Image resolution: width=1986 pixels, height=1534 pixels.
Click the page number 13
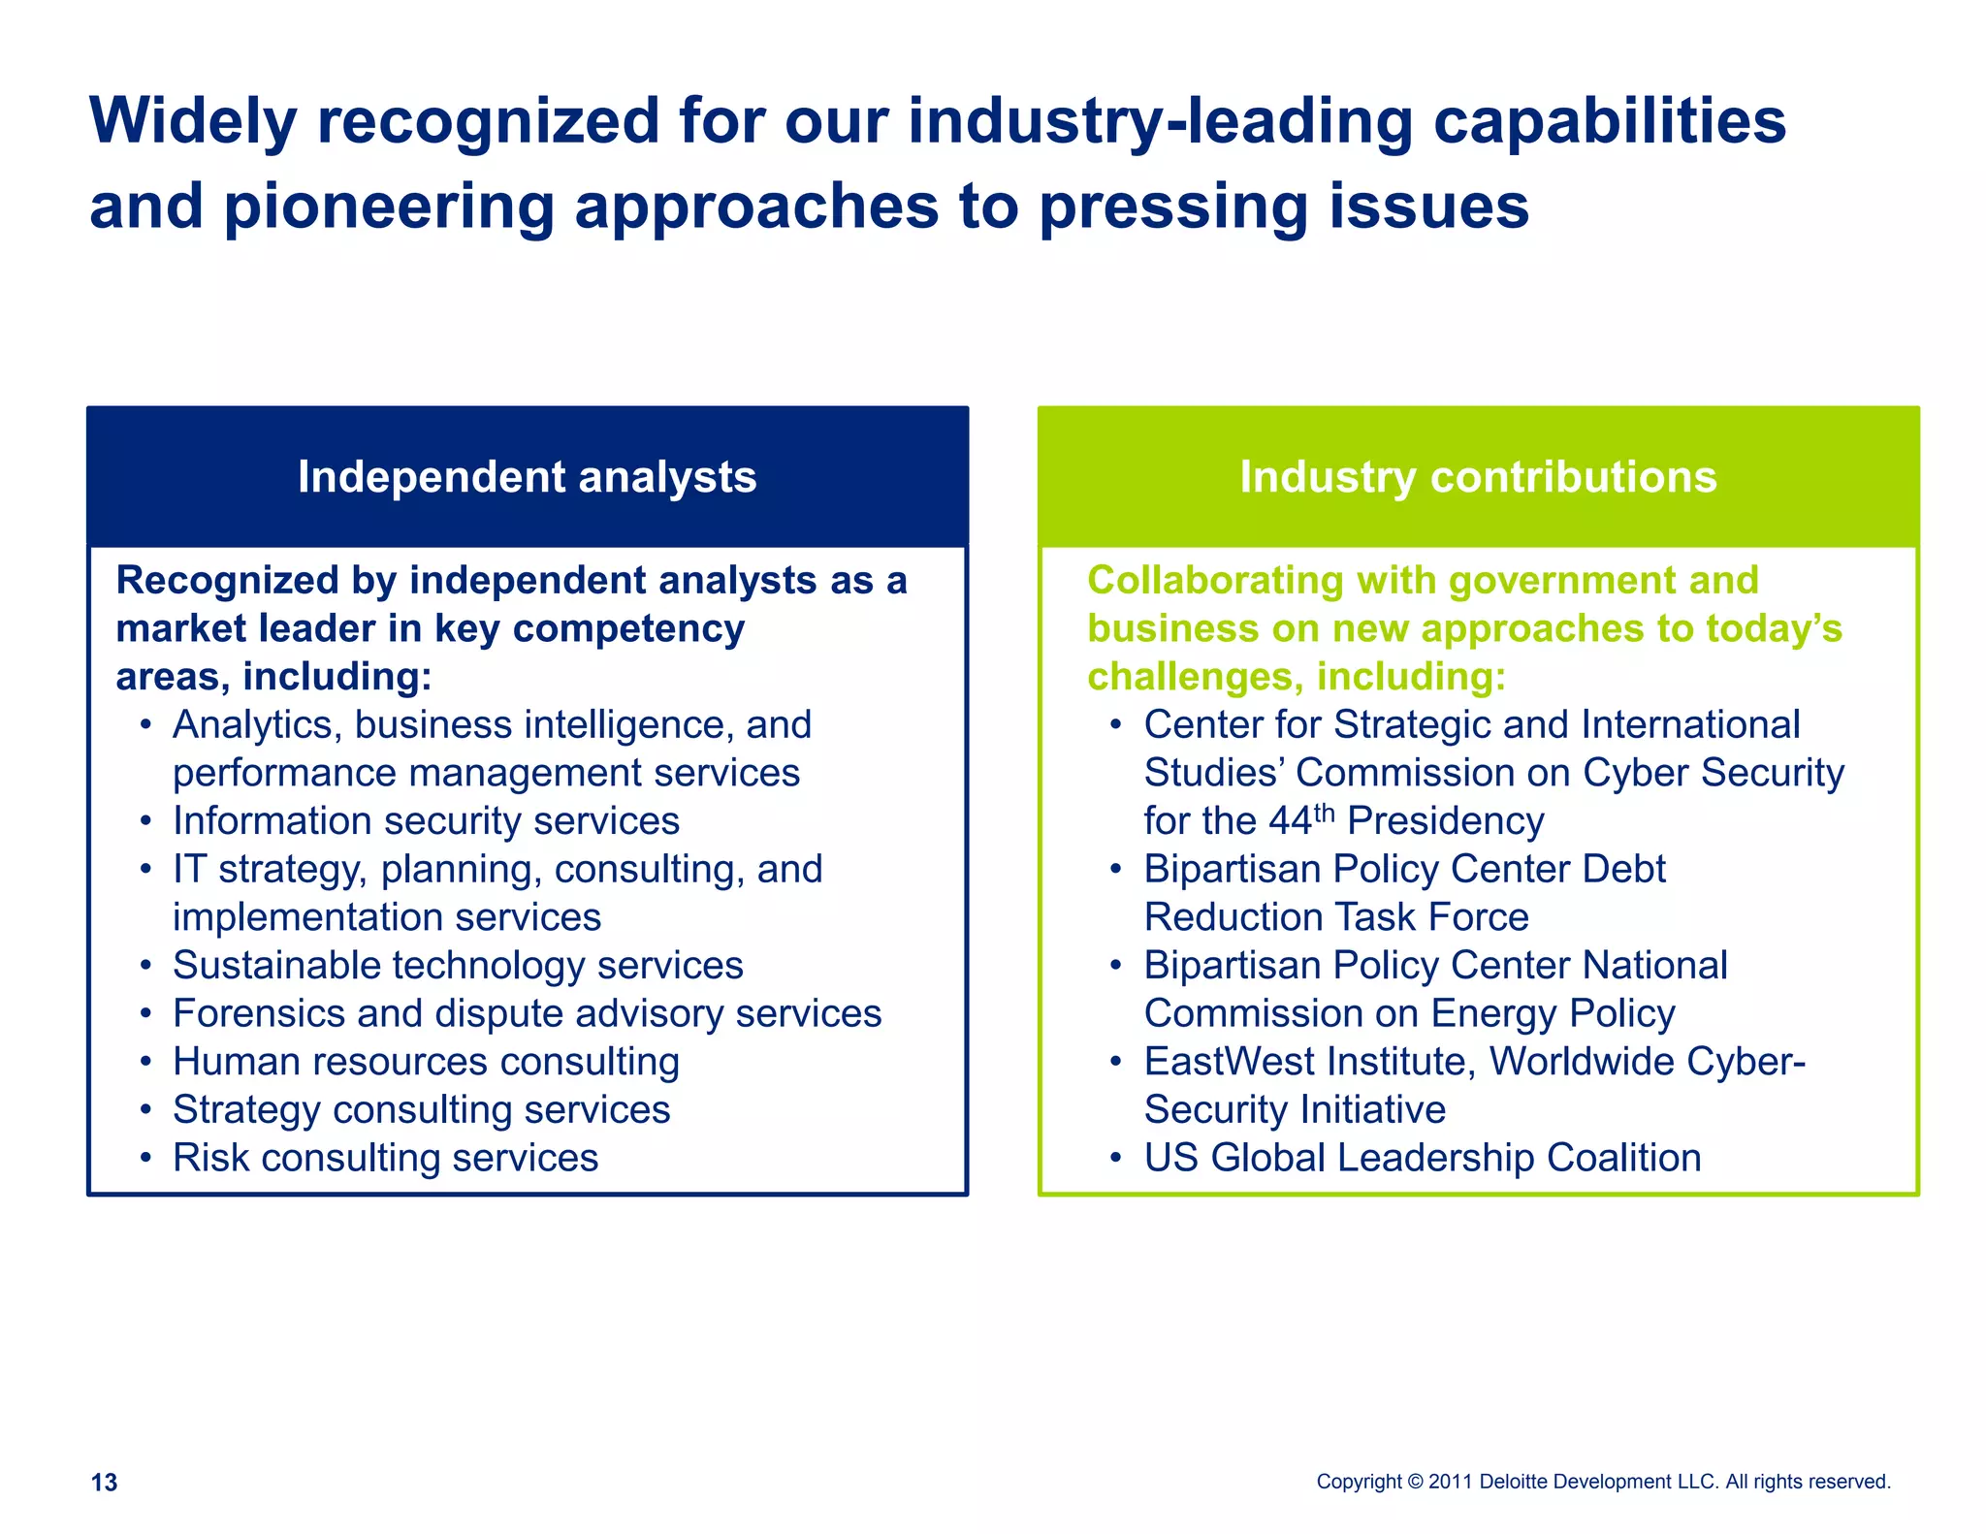104,1482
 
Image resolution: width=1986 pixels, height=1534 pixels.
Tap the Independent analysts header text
527,477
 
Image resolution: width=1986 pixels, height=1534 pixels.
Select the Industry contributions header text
1478,477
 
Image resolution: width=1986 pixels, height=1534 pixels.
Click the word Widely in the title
193,121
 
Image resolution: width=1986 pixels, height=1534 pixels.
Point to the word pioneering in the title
389,207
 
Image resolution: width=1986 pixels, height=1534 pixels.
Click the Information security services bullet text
426,821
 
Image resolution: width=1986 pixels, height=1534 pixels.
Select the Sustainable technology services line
458,966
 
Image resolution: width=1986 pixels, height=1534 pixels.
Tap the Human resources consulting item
426,1062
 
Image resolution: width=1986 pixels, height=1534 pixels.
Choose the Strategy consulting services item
421,1110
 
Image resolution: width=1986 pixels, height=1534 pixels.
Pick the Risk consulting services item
385,1158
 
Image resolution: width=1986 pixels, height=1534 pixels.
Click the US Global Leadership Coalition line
1422,1158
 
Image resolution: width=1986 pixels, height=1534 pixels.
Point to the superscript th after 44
1324,812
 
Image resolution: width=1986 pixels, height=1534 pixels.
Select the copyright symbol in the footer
1415,1482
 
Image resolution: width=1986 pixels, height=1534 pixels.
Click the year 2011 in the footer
1451,1482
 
